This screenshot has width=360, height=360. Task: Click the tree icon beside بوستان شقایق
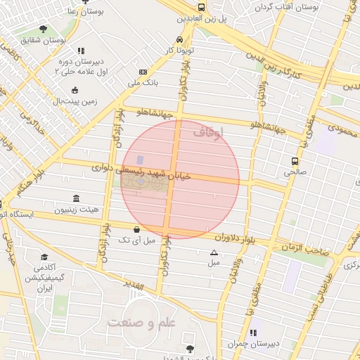(44, 29)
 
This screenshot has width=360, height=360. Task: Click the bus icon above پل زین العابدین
(202, 7)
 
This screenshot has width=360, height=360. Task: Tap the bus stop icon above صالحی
(295, 161)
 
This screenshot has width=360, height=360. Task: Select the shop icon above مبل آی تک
(136, 229)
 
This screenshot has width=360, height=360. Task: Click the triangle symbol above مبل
(214, 252)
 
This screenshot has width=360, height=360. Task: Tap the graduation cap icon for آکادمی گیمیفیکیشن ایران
(44, 257)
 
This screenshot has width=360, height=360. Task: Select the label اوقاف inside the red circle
(212, 132)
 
